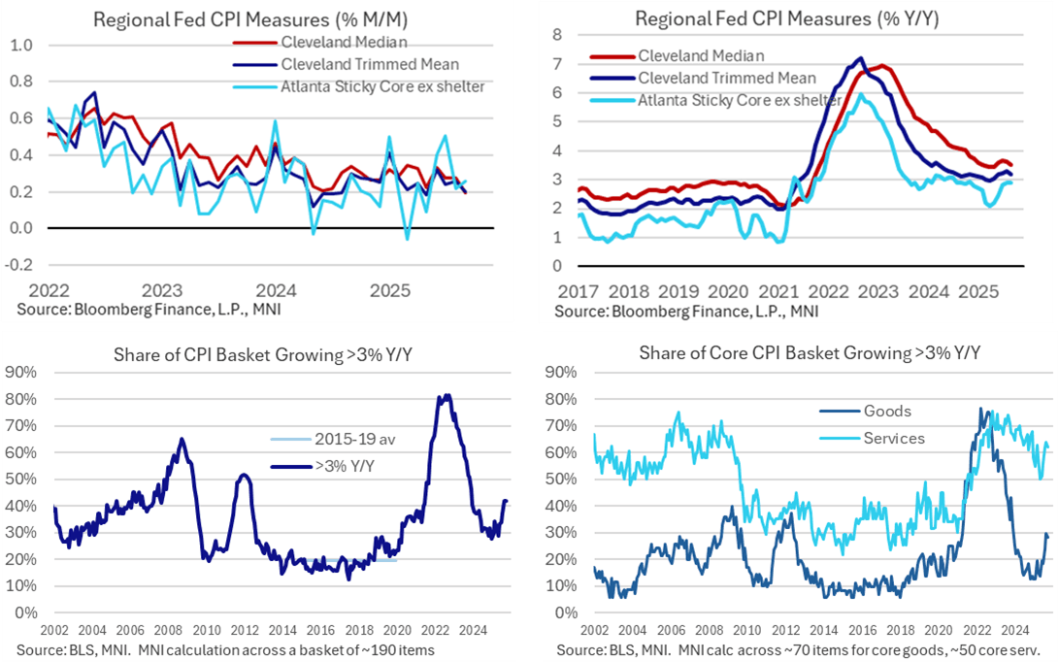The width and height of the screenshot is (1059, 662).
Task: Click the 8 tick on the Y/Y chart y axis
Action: click(x=557, y=35)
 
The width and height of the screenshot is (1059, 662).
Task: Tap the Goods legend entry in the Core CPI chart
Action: click(x=885, y=412)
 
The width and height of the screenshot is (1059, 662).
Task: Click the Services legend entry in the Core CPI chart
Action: click(x=894, y=438)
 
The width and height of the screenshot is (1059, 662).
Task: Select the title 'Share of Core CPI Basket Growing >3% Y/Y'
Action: click(x=810, y=351)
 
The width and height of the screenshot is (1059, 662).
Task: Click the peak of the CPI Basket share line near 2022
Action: click(x=445, y=395)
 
